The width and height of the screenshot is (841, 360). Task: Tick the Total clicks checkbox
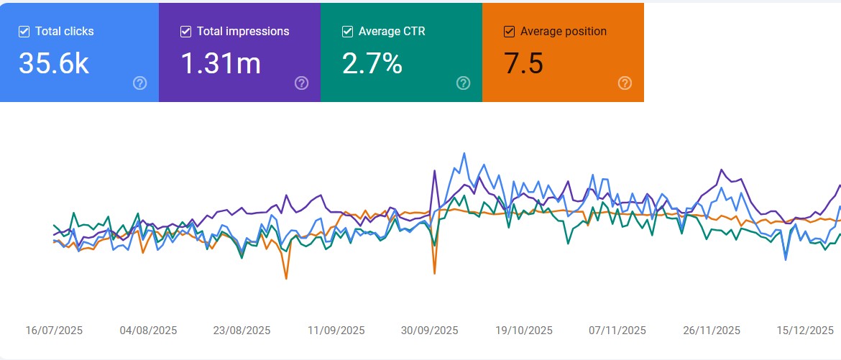coord(24,32)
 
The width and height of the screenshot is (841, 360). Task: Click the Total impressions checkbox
coord(185,32)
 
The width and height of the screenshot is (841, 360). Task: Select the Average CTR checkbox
coord(347,32)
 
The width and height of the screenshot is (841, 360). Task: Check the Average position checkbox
coord(509,32)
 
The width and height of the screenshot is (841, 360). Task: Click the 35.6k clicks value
coord(54,64)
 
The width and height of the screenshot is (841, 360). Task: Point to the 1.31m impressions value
coord(220,64)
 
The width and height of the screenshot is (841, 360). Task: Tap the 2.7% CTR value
coord(372,64)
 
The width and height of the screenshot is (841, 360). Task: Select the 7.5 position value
coord(523,64)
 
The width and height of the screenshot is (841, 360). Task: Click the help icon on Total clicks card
coord(140,83)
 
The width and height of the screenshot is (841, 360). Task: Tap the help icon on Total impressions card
coord(302,83)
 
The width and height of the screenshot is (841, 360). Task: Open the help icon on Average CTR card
coord(464,83)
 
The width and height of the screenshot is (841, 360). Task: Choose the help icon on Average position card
coord(625,83)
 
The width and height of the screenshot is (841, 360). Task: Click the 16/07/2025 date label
coord(54,331)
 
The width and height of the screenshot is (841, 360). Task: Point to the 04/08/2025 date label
coord(148,331)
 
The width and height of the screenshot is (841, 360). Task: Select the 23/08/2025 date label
coord(242,331)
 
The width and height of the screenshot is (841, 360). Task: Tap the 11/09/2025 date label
coord(336,331)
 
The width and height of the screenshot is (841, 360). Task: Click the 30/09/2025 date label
coord(429,331)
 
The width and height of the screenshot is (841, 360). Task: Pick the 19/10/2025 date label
coord(524,331)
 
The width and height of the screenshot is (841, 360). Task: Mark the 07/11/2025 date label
coord(617,331)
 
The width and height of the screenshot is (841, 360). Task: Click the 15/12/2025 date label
coord(805,331)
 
